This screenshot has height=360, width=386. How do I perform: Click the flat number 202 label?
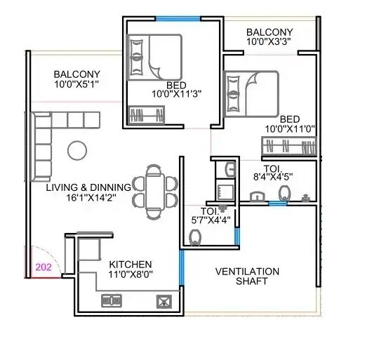tap(44, 267)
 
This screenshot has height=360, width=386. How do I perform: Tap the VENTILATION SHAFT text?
tap(247, 276)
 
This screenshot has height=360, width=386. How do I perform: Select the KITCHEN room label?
tap(131, 266)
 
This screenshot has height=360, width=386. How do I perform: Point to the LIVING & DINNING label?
tap(88, 187)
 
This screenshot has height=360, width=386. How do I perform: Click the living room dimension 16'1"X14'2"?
tap(88, 198)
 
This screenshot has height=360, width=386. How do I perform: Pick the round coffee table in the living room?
tap(76, 149)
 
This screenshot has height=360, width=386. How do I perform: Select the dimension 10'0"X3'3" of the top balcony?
tap(269, 42)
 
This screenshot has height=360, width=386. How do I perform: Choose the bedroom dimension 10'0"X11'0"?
tap(290, 129)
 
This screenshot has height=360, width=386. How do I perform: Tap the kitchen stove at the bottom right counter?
tap(164, 302)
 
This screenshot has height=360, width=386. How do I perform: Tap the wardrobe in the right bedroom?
tap(288, 147)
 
